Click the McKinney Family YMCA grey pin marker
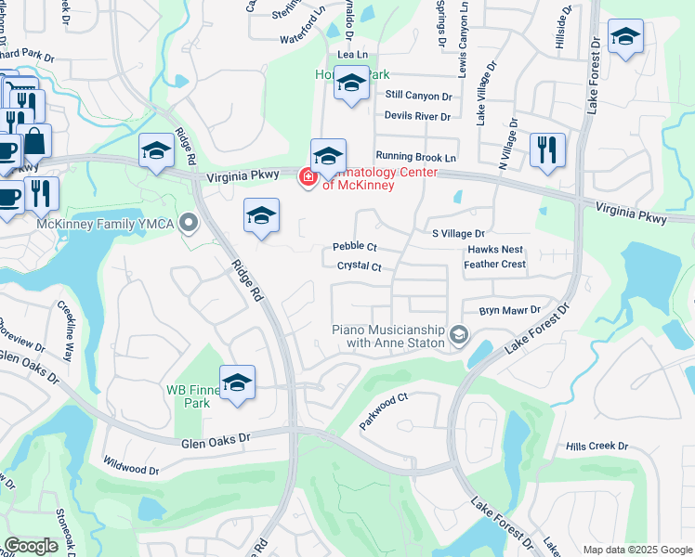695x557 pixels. click(190, 223)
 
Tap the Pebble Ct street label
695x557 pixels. click(355, 247)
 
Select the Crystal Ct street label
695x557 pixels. click(360, 266)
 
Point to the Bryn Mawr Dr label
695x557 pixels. click(509, 310)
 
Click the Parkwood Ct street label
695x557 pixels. click(385, 412)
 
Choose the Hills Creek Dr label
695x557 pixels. click(597, 447)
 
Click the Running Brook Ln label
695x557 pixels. click(416, 158)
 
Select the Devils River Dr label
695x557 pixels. click(417, 117)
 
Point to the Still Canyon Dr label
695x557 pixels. click(418, 96)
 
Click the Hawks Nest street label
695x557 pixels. click(495, 250)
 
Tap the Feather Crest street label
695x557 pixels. click(494, 265)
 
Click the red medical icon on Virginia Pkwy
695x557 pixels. click(307, 176)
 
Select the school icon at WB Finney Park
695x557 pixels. click(237, 382)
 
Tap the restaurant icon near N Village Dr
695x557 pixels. click(547, 149)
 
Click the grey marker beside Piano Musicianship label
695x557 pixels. click(458, 334)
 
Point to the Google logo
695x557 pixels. click(32, 546)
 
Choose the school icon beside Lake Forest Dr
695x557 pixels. click(625, 37)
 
